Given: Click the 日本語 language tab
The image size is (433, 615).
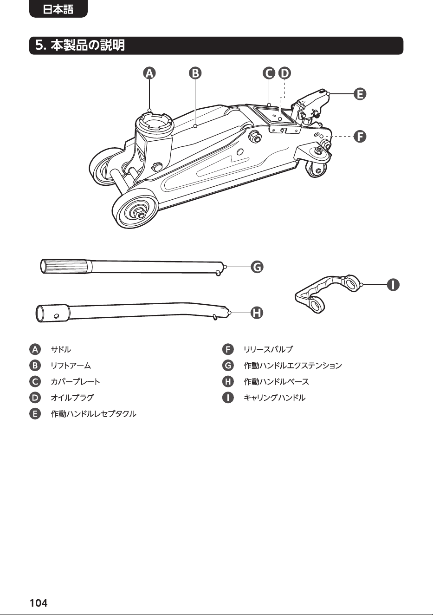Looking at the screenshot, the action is pyautogui.click(x=58, y=9).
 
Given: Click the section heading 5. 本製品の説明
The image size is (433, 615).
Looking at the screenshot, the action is pyautogui.click(x=80, y=46).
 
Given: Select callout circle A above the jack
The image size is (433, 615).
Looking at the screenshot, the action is pyautogui.click(x=149, y=73).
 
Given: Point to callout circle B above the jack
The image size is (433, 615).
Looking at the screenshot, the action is pyautogui.click(x=195, y=73).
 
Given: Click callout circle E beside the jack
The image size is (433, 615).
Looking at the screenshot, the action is pyautogui.click(x=360, y=94).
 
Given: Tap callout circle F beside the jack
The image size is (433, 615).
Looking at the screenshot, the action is pyautogui.click(x=360, y=136).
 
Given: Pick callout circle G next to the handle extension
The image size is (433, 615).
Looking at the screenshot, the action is pyautogui.click(x=257, y=267).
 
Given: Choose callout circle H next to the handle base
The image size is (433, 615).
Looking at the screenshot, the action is pyautogui.click(x=257, y=313).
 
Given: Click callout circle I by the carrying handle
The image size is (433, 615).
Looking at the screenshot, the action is pyautogui.click(x=393, y=285).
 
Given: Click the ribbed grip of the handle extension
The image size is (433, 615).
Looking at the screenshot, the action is pyautogui.click(x=66, y=266).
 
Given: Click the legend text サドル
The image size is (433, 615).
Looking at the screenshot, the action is pyautogui.click(x=61, y=349).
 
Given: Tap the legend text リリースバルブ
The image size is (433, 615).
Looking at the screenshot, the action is pyautogui.click(x=268, y=349).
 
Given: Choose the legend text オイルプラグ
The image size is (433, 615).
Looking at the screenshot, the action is pyautogui.click(x=72, y=398).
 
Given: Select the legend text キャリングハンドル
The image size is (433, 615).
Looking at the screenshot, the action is pyautogui.click(x=274, y=398).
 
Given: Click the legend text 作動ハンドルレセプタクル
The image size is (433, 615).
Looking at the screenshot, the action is pyautogui.click(x=93, y=414).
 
